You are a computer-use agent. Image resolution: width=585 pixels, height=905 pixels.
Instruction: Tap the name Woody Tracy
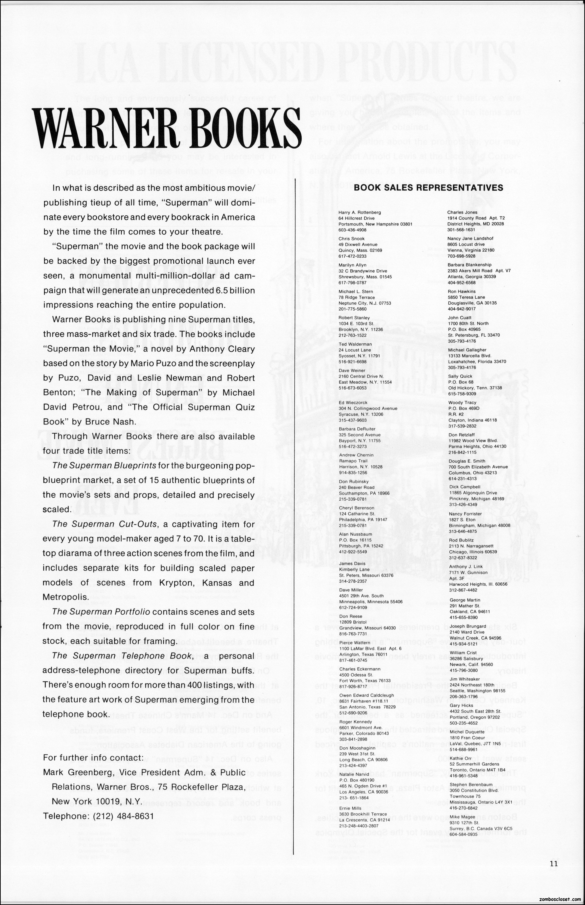click(462, 403)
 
